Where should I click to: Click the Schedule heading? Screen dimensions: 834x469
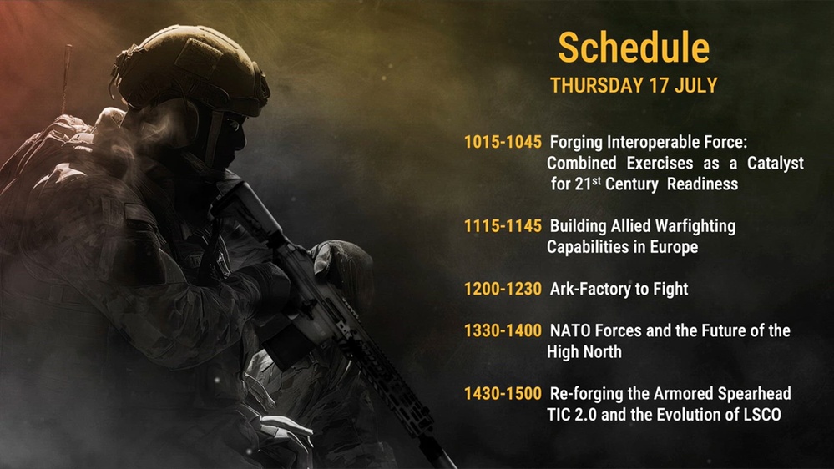click(634, 48)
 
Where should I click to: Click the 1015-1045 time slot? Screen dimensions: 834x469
click(503, 142)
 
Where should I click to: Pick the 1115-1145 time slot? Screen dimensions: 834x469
click(503, 226)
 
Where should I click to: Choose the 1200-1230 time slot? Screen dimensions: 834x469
click(503, 289)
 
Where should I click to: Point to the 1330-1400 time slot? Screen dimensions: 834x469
click(503, 330)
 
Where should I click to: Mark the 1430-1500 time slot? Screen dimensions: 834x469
click(503, 394)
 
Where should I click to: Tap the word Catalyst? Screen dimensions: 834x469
click(776, 164)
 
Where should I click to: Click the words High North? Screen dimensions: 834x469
click(584, 351)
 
